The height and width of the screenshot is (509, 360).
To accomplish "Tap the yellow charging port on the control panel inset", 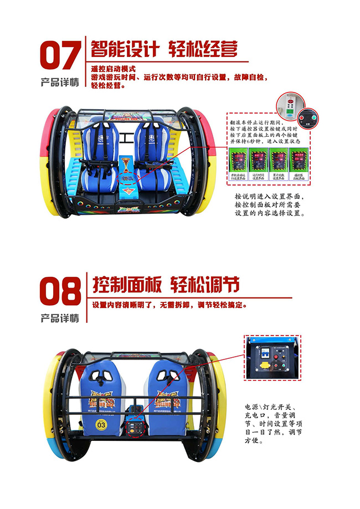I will pyautogui.click(x=265, y=366).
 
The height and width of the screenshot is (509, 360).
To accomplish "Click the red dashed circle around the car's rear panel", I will pyautogui.click(x=133, y=427).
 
